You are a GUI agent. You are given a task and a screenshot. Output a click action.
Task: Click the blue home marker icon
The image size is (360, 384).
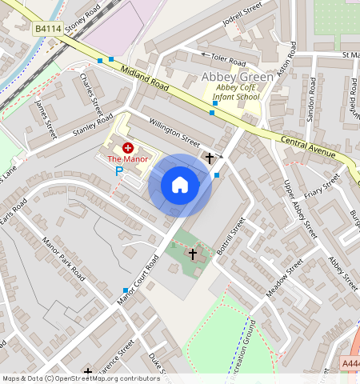pyautogui.click(x=180, y=186)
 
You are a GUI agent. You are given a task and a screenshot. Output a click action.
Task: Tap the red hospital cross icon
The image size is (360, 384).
pyautogui.click(x=128, y=148)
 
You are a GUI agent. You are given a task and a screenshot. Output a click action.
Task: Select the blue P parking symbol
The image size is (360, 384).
pyautogui.click(x=119, y=170)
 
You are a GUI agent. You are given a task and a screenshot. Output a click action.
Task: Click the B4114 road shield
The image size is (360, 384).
pyautogui.click(x=47, y=29)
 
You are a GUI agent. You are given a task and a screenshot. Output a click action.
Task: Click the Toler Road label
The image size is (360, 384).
pyautogui.click(x=229, y=61)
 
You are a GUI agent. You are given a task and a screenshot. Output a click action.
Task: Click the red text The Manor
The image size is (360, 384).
pyautogui.click(x=128, y=159)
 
